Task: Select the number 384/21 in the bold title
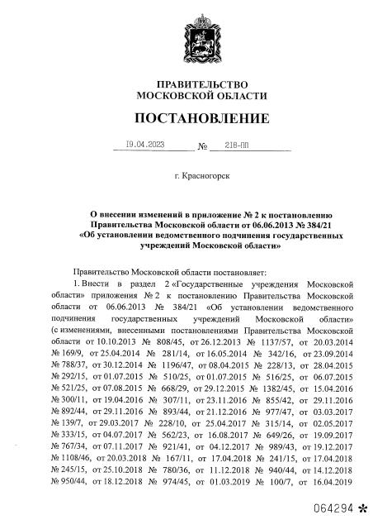point(314,223)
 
